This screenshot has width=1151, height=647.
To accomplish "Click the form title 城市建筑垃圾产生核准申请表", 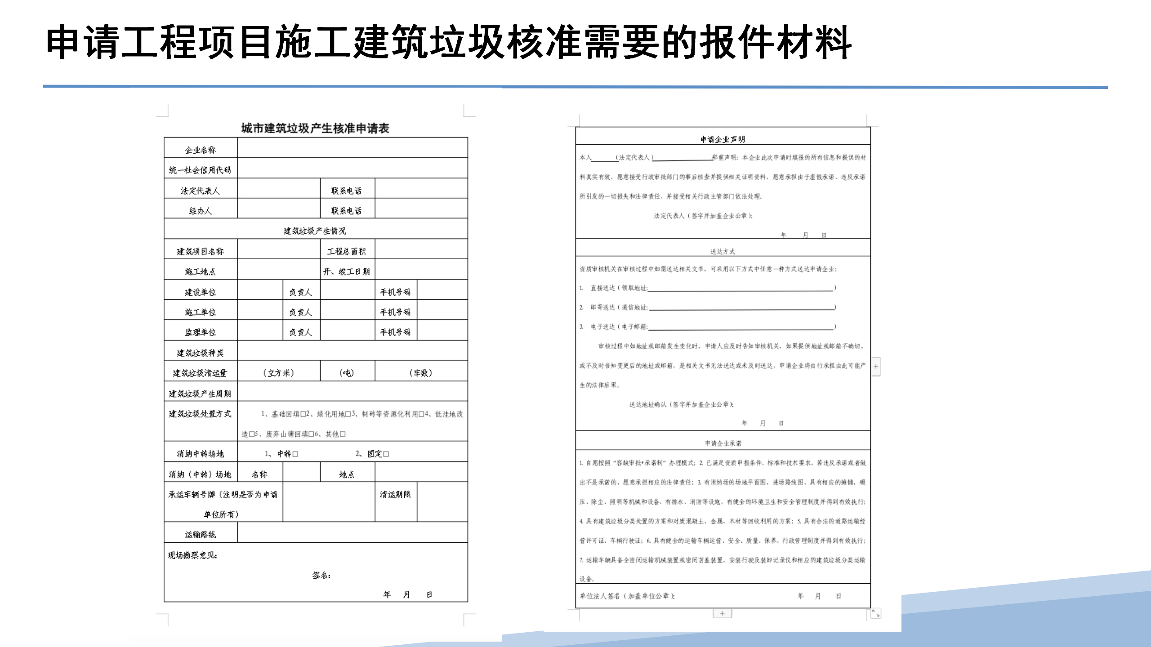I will coord(315,129).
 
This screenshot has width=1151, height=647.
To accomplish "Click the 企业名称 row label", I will coord(200,150).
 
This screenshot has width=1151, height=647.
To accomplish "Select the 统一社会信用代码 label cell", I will coord(200,170).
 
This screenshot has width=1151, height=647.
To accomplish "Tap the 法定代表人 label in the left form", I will coord(200,191).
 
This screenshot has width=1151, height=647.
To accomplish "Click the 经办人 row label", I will coord(200,211).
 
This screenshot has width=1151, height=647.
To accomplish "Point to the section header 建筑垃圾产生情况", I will coord(315,231).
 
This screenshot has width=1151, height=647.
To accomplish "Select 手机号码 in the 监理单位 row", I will coord(395,332).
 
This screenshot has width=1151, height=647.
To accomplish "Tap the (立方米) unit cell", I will coord(278,373).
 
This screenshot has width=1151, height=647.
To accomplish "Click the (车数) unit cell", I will coord(420,373).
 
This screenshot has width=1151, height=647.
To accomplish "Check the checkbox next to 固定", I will coord(386,454).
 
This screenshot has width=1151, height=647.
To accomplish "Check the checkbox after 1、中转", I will coord(295,454).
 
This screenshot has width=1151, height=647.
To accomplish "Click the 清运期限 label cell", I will coord(395,495).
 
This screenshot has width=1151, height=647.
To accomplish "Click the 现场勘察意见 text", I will coord(192,555).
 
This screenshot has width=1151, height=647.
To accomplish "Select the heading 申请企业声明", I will coord(723,139).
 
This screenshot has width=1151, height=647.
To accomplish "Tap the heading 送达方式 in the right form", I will coord(723,252).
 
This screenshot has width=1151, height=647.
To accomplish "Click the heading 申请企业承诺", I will coord(723,443).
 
